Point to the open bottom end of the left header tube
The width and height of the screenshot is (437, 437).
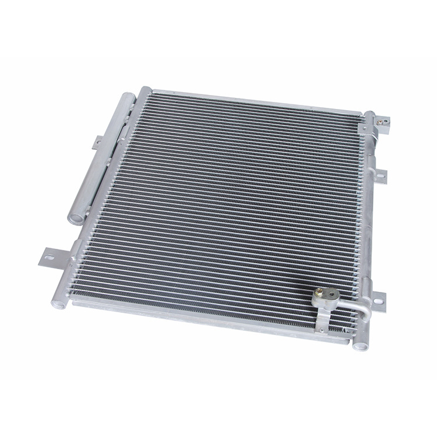point(58,302)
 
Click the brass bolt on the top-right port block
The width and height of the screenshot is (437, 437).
point(383,122)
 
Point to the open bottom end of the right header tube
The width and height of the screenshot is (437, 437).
point(360,345)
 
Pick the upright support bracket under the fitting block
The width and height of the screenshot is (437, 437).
point(322,318)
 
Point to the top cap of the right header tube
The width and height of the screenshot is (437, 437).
point(369,114)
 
